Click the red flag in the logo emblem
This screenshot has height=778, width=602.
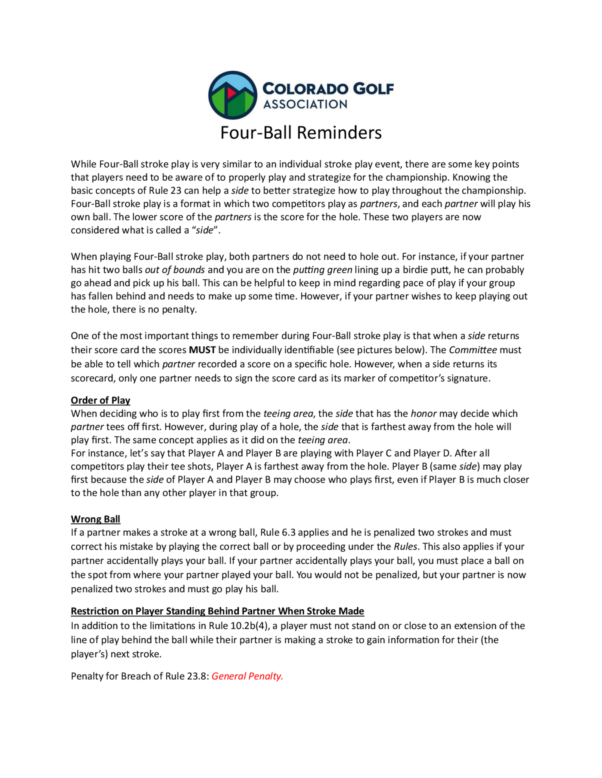tap(231, 93)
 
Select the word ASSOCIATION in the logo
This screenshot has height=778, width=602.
tap(305, 104)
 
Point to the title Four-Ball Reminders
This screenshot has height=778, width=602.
tap(301, 133)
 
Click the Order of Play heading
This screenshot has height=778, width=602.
tap(101, 400)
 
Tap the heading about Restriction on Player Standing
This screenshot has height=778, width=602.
tap(217, 611)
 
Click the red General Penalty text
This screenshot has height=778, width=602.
tap(247, 676)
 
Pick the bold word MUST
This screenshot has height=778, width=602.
tap(202, 350)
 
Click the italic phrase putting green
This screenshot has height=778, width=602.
tap(322, 270)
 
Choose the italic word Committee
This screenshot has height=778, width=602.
tap(473, 350)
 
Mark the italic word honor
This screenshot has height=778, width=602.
tap(424, 414)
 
